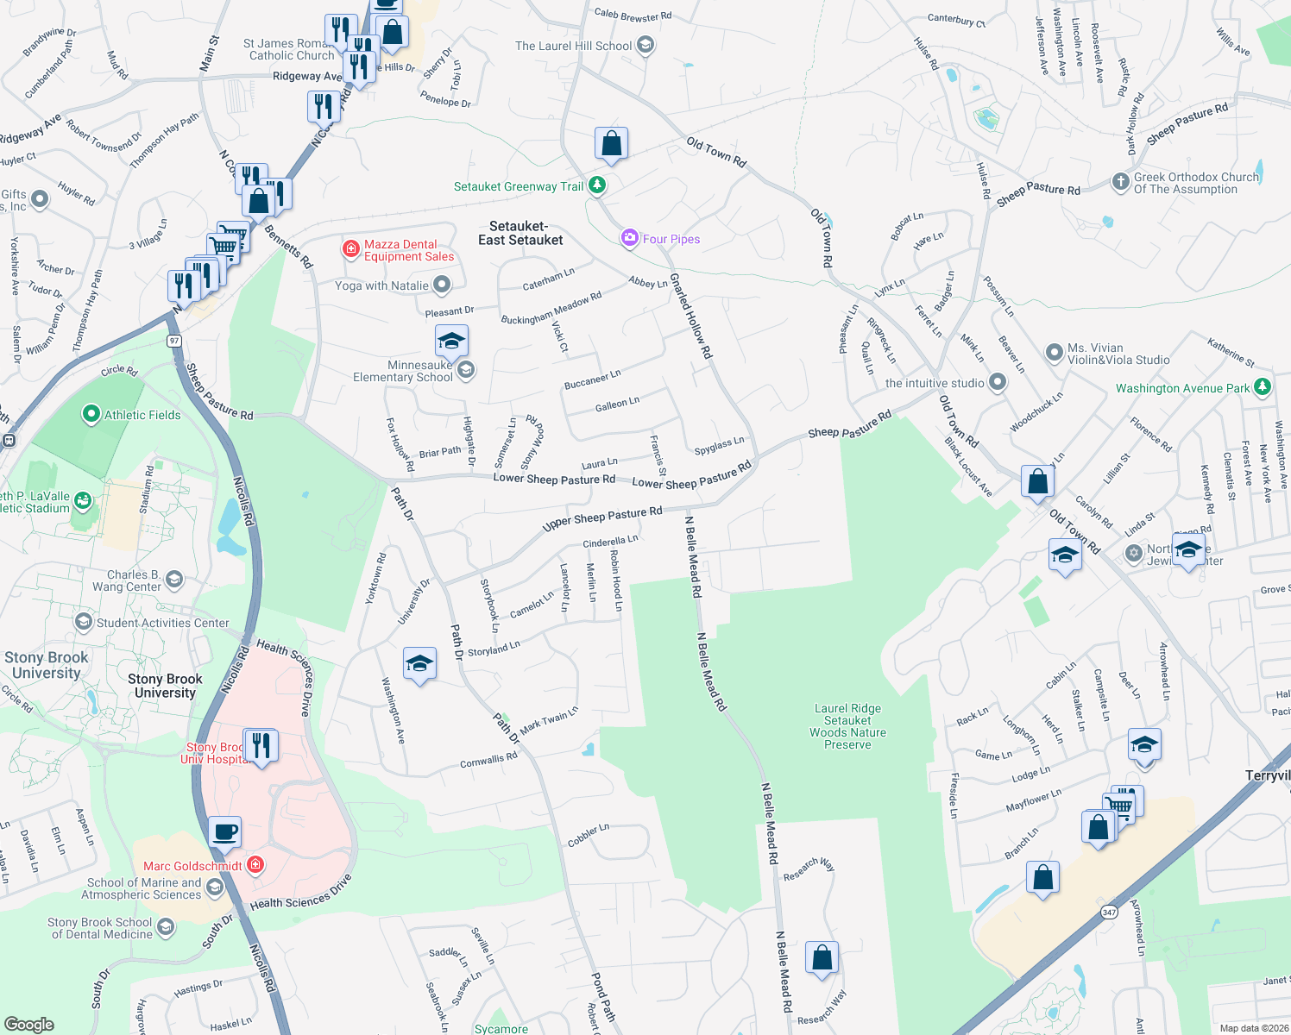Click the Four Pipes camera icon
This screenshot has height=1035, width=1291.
[630, 238]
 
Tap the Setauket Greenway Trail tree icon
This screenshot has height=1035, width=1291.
[596, 185]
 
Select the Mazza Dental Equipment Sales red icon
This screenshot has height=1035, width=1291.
[350, 249]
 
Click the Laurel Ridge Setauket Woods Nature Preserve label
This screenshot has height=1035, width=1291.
[847, 726]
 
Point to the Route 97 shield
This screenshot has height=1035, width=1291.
[175, 341]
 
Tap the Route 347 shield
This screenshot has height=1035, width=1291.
[1109, 912]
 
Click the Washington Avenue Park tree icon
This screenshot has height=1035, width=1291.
[1263, 387]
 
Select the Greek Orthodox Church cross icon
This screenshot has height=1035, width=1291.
[1120, 182]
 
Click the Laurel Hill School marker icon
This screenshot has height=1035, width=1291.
[645, 46]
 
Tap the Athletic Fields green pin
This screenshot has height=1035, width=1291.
[91, 414]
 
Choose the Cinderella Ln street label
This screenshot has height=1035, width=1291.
[610, 542]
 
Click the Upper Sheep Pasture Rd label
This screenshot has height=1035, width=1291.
[602, 518]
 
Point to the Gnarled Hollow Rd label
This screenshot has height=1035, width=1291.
[691, 316]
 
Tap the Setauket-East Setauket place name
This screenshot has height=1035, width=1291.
[520, 233]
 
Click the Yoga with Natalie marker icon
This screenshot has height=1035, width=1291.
[442, 285]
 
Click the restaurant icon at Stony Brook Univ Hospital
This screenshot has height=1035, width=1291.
[261, 744]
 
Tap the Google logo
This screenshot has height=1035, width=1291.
[29, 1024]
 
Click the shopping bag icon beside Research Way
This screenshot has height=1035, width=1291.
[822, 957]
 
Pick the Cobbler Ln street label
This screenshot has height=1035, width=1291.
[589, 835]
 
